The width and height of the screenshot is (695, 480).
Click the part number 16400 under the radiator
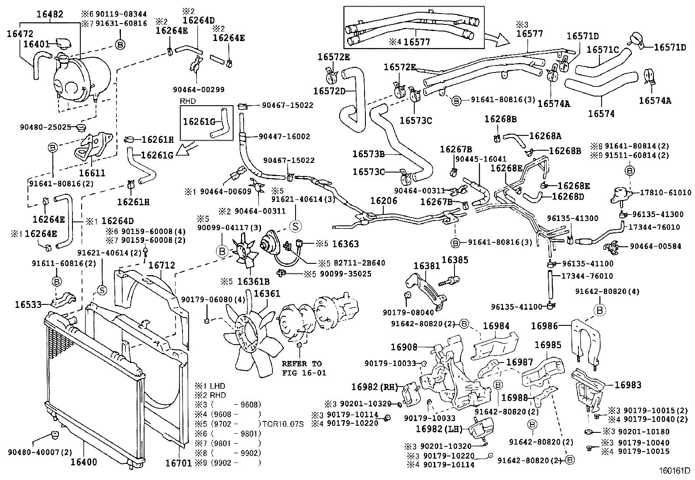coord(83,462)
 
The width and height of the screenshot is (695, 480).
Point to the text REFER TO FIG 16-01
coord(302,368)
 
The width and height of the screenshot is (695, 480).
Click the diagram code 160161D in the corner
coord(675,471)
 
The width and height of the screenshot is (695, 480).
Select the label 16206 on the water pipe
coord(384,200)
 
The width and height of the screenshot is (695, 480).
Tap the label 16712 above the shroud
coord(162,265)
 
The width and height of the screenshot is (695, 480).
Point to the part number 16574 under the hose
coord(601,114)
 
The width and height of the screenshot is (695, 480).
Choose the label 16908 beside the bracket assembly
coord(404,347)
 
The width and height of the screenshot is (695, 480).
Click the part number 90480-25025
coord(45,127)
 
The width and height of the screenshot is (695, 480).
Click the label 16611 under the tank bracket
coord(93,173)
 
